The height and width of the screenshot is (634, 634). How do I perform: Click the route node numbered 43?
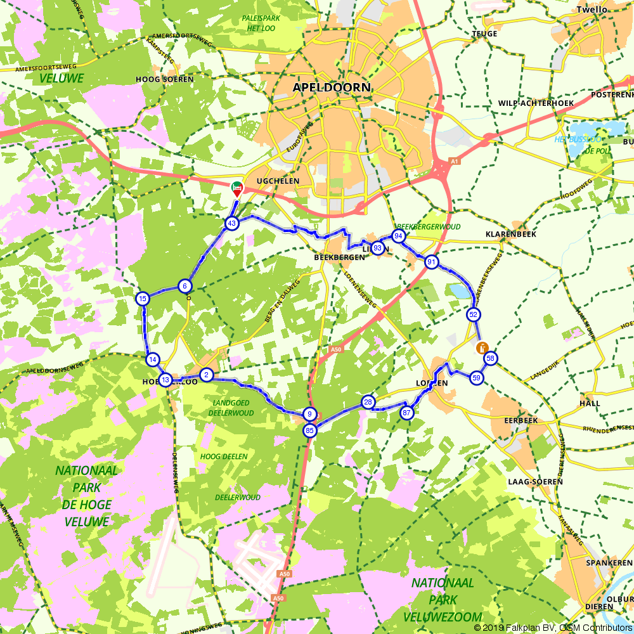(x=231, y=223)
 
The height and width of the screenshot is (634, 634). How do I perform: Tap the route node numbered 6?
(x=184, y=286)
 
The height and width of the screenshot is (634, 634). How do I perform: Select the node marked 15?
(x=143, y=299)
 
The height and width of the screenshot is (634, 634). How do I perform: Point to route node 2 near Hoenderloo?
(x=206, y=375)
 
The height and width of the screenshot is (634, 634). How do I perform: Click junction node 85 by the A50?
(x=309, y=431)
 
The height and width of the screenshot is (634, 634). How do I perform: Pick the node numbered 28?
(x=368, y=402)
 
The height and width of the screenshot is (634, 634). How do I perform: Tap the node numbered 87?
(x=406, y=413)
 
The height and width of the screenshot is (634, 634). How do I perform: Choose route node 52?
(x=473, y=314)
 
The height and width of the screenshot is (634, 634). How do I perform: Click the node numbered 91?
(x=432, y=262)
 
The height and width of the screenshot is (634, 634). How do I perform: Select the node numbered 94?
(x=398, y=236)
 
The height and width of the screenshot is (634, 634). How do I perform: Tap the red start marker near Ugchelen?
(x=236, y=188)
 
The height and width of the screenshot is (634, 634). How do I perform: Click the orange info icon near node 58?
(x=482, y=347)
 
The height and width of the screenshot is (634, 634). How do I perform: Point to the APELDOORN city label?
(x=332, y=87)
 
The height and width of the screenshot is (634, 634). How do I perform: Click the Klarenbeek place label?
(x=510, y=234)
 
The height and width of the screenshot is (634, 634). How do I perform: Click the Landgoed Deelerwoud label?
(x=231, y=408)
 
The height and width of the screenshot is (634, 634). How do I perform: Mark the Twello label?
(x=592, y=10)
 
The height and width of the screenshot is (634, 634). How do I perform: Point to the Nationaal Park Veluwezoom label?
(x=443, y=599)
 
